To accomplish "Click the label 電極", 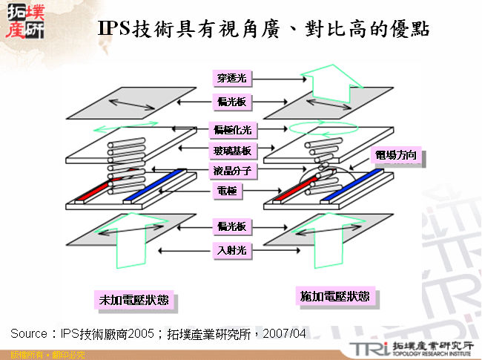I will pyautogui.click(x=227, y=192).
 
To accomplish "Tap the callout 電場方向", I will pyautogui.click(x=397, y=156).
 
